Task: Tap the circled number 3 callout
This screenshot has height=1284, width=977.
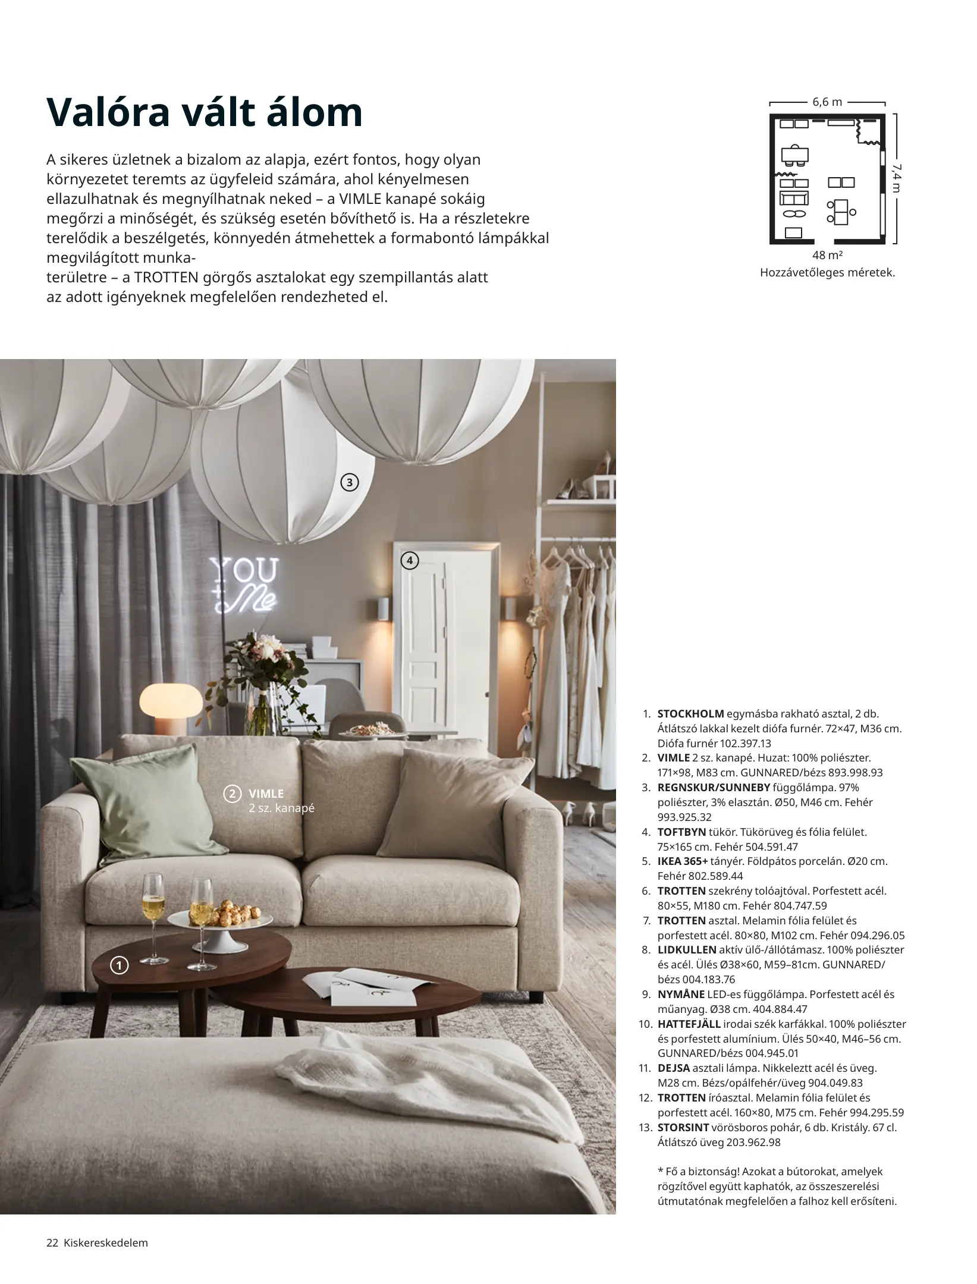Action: tap(350, 483)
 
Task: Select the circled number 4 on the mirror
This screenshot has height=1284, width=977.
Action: tap(410, 560)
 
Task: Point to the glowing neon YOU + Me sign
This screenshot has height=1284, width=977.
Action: tap(244, 585)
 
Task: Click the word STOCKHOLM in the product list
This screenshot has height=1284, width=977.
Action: tap(690, 714)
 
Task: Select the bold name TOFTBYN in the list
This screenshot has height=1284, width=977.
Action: tap(681, 832)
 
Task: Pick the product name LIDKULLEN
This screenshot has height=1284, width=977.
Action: tap(687, 950)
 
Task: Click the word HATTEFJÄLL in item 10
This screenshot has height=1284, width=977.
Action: tap(689, 1024)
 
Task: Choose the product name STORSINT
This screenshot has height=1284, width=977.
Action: tap(683, 1127)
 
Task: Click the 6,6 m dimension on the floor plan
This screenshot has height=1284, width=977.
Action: tap(827, 102)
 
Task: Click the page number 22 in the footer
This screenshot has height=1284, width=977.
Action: tap(52, 1243)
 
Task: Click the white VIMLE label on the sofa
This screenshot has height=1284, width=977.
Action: tap(266, 794)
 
